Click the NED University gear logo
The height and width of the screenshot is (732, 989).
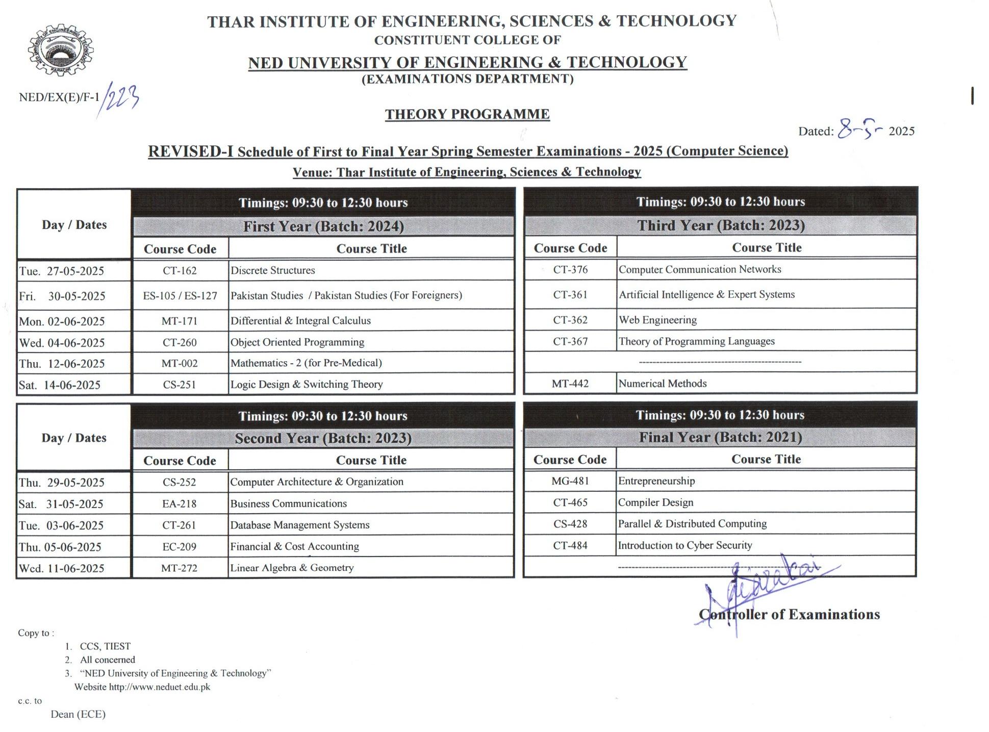click(x=61, y=50)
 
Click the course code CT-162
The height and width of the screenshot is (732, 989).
click(x=180, y=271)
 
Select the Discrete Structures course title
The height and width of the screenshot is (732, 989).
click(x=272, y=270)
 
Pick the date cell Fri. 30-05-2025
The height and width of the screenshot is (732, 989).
click(x=62, y=296)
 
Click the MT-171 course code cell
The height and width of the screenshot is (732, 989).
click(x=180, y=321)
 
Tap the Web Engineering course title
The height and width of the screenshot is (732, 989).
click(x=657, y=320)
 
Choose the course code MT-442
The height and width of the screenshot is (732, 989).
click(x=570, y=384)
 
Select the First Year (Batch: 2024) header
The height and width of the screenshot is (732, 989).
click(x=323, y=226)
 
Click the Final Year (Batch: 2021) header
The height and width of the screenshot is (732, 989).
click(x=720, y=437)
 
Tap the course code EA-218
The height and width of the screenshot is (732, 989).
click(x=179, y=504)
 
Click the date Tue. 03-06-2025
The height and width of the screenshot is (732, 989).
click(x=61, y=525)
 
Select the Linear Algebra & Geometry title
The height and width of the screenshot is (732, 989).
click(x=292, y=568)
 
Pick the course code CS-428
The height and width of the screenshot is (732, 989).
click(x=570, y=524)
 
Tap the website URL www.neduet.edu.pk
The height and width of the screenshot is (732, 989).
click(x=159, y=687)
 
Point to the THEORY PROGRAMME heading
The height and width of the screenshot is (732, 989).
click(x=467, y=114)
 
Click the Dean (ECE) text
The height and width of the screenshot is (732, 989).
click(x=78, y=714)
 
